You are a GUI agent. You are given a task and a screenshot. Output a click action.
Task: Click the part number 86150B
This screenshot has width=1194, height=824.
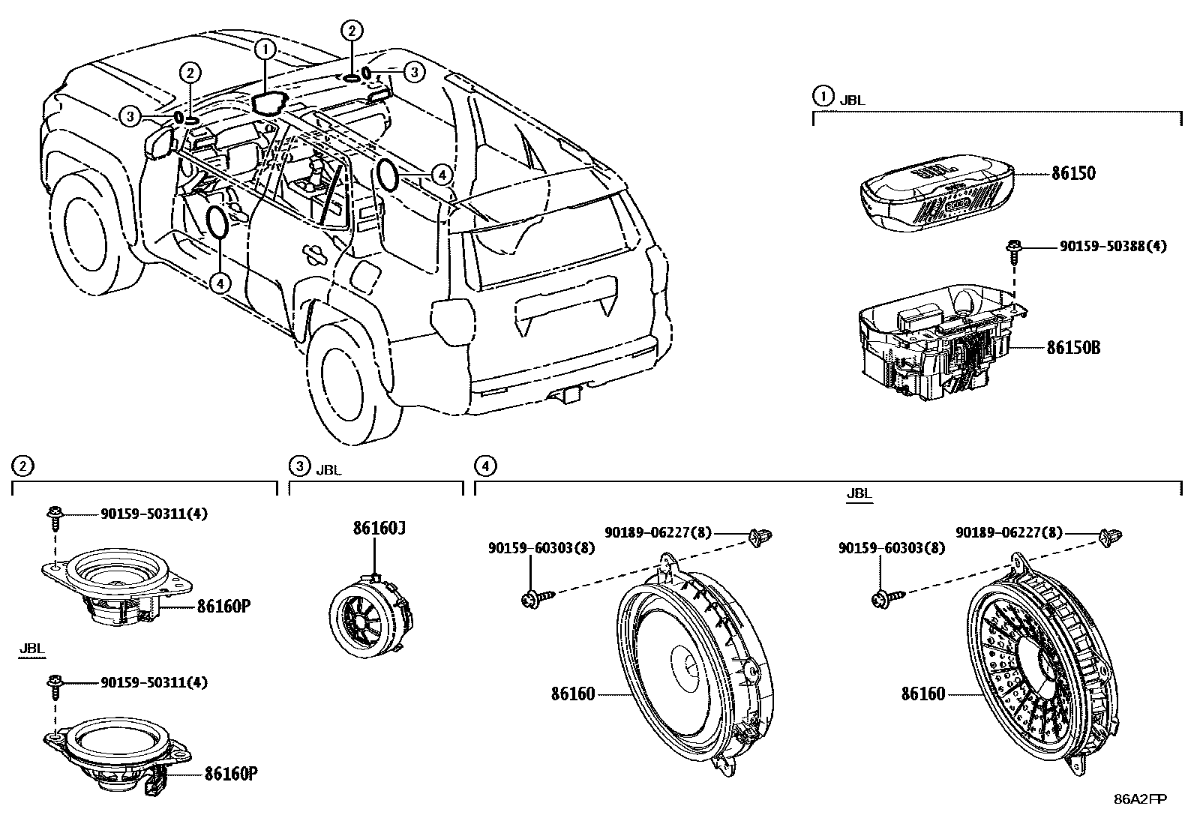click(x=1073, y=348)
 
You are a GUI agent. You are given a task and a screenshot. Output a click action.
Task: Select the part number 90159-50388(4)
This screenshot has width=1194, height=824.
click(x=1113, y=246)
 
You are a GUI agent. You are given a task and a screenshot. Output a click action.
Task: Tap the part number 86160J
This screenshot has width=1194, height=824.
click(x=379, y=529)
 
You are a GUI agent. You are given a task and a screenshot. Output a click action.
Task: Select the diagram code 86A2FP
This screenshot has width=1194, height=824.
click(x=1140, y=799)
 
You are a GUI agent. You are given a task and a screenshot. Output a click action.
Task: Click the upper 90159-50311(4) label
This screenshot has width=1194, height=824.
click(x=154, y=514)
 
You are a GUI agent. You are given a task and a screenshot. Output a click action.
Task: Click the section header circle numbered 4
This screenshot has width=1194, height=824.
click(x=485, y=466)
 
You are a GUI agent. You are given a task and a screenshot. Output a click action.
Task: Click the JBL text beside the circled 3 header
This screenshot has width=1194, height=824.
click(x=328, y=471)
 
